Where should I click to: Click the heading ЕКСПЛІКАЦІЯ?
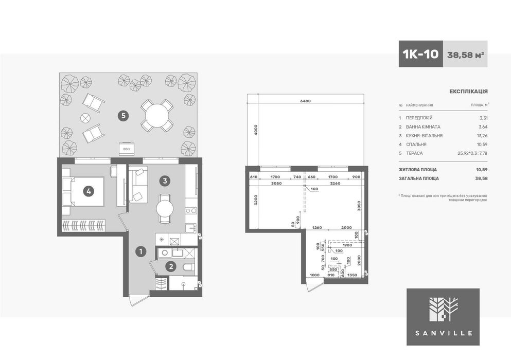468,91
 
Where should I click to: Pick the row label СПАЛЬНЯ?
416,145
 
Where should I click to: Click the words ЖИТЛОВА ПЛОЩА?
418,169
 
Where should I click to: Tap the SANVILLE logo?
443,316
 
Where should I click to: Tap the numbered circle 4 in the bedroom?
89,191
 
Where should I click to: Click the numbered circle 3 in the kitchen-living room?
164,181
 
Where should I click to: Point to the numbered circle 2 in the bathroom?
170,266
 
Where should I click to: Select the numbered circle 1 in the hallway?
139,251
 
